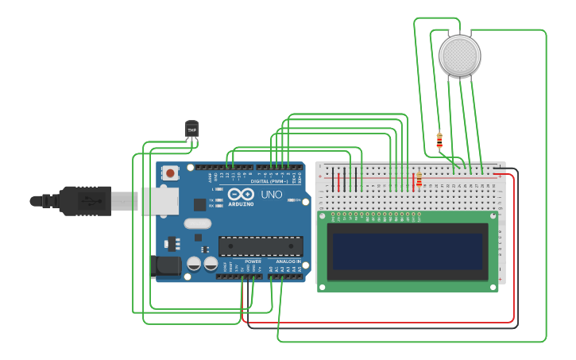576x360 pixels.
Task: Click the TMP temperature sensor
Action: click(191, 130)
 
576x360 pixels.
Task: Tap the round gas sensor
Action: click(459, 56)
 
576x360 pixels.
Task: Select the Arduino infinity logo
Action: click(240, 194)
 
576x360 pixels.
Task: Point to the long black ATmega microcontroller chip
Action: click(260, 246)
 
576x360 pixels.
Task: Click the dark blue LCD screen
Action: click(408, 251)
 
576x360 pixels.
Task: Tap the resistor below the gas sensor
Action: click(439, 141)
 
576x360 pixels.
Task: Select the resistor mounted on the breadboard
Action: click(419, 180)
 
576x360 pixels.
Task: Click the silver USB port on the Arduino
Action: click(159, 201)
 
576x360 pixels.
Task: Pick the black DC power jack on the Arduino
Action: click(166, 266)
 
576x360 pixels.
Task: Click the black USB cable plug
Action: click(84, 201)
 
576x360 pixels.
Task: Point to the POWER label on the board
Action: click(253, 261)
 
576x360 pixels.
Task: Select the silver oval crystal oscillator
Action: click(197, 223)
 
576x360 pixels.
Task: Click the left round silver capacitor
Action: click(194, 264)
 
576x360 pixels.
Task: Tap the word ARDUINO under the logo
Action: click(240, 204)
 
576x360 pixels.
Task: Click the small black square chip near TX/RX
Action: click(199, 204)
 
